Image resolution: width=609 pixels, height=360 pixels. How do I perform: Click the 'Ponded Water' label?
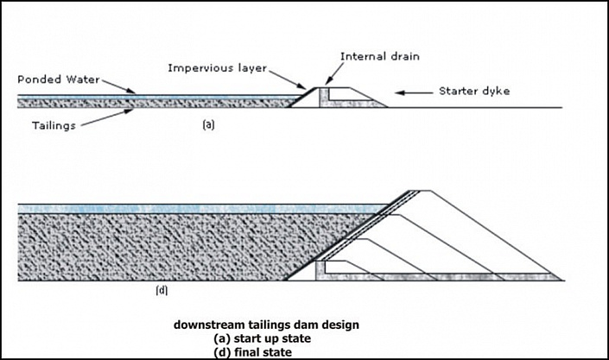[x=55, y=79]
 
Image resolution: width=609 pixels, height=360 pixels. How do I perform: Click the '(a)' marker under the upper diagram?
[x=207, y=123]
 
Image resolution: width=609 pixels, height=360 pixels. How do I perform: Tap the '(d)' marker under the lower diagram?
[x=162, y=291]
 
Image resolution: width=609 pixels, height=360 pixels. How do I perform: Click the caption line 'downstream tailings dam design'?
[x=266, y=325]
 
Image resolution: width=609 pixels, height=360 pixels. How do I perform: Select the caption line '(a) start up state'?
[x=266, y=338]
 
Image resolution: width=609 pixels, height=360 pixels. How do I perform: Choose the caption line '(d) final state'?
[x=266, y=351]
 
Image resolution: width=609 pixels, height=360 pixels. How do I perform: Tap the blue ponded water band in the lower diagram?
[x=173, y=209]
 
